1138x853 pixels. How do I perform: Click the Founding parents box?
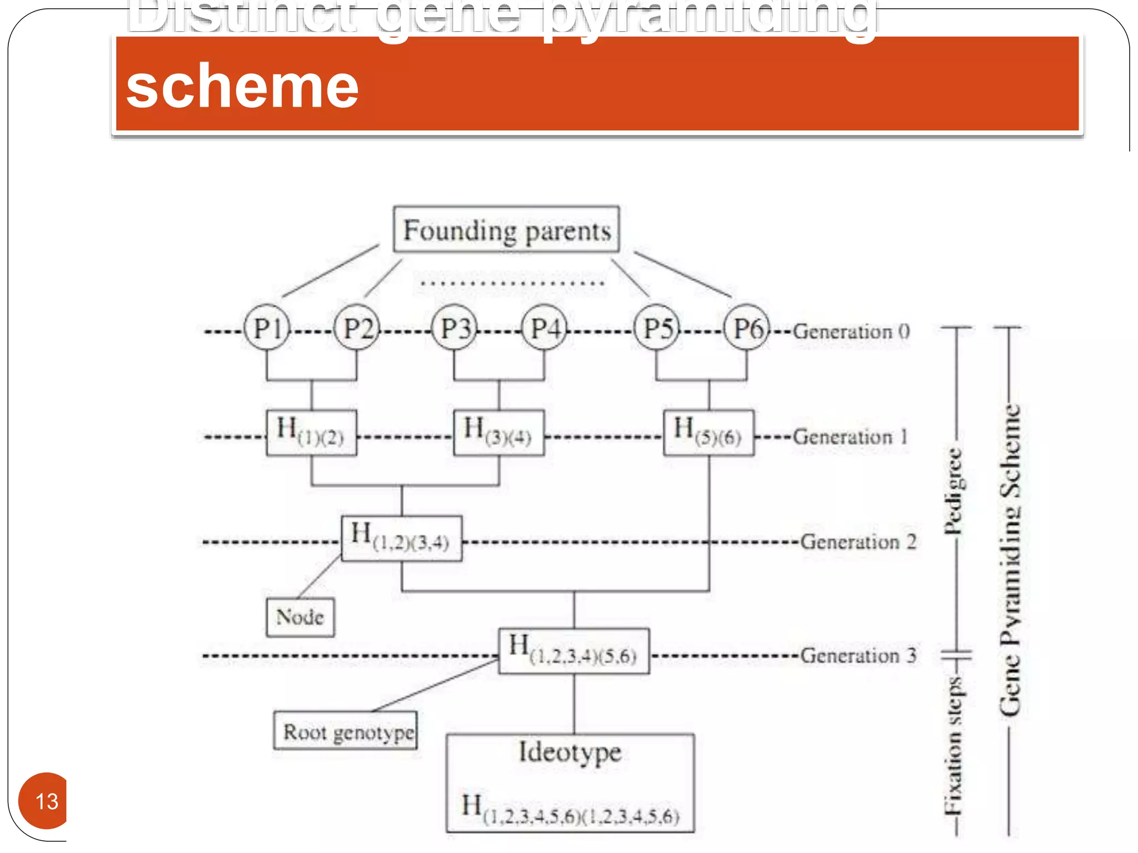pyautogui.click(x=506, y=230)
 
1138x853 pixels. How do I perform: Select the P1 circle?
pyautogui.click(x=267, y=328)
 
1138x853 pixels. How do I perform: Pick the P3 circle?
pyautogui.click(x=455, y=328)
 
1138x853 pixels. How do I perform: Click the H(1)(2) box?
pyautogui.click(x=311, y=433)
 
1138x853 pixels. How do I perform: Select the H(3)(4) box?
pyautogui.click(x=498, y=433)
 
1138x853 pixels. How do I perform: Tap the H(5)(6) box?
pyautogui.click(x=708, y=433)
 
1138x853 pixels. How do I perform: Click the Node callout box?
pyautogui.click(x=300, y=617)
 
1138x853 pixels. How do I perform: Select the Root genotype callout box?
pyautogui.click(x=346, y=731)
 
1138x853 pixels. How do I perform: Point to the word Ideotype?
pyautogui.click(x=570, y=754)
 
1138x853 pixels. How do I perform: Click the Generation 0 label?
pyautogui.click(x=851, y=332)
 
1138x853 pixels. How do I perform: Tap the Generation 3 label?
pyautogui.click(x=858, y=656)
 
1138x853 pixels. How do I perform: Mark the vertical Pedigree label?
pyautogui.click(x=954, y=491)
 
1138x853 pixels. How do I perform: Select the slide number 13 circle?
pyautogui.click(x=44, y=801)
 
